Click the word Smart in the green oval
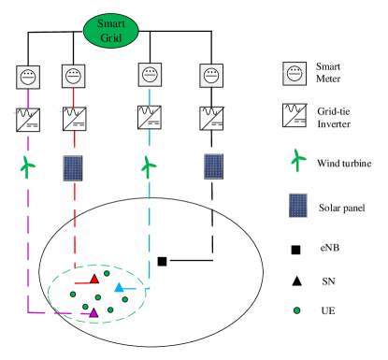click(111, 23)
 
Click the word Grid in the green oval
click(111, 38)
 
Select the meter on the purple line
click(28, 77)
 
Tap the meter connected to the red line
click(73, 76)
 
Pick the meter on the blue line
click(150, 75)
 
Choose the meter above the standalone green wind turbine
click(295, 73)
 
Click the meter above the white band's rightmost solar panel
click(211, 76)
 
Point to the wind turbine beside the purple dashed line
click(27, 167)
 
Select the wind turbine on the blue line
click(148, 167)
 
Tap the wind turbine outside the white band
click(298, 160)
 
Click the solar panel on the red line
click(73, 167)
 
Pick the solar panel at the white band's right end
click(214, 166)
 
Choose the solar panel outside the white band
click(298, 205)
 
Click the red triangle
click(94, 279)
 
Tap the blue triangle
click(119, 287)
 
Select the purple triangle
click(93, 312)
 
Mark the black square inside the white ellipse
click(162, 261)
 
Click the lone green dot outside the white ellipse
click(296, 310)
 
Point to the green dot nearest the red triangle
click(107, 273)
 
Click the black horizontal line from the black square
click(190, 260)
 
